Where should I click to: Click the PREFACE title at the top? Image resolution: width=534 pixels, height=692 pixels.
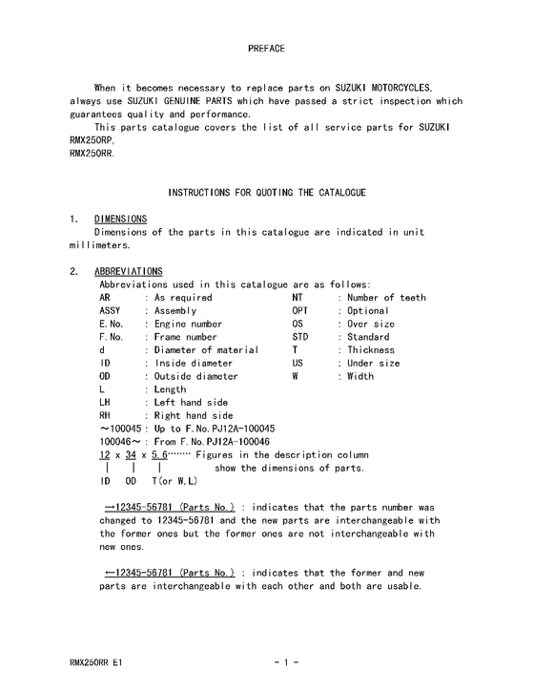pos(266,48)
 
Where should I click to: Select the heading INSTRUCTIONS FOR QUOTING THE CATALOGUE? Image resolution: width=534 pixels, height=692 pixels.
pos(266,193)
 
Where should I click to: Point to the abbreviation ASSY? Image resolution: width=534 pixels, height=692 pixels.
pos(111,311)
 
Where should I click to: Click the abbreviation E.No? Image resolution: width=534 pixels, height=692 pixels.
pos(113,325)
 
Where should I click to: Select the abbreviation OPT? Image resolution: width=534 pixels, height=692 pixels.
pos(300,311)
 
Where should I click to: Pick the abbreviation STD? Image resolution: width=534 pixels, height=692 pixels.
pos(300,337)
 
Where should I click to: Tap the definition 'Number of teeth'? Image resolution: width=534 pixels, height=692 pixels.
pos(386,298)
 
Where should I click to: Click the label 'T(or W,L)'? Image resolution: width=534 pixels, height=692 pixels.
pos(167,481)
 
